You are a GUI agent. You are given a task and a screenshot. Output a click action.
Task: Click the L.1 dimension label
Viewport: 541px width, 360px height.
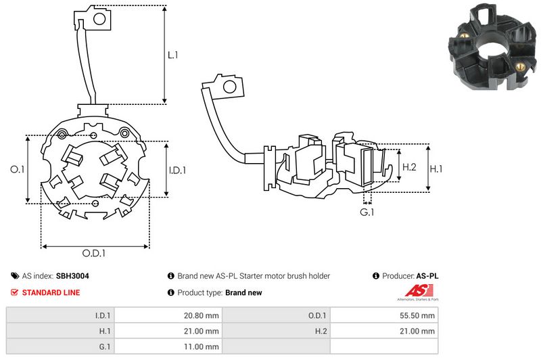(173, 55)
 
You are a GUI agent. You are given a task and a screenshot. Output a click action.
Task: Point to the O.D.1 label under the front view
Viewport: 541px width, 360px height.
(94, 254)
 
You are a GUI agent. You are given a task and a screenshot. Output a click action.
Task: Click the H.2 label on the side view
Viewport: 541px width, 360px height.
(408, 167)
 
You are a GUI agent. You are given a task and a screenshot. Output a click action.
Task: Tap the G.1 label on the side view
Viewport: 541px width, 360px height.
(367, 212)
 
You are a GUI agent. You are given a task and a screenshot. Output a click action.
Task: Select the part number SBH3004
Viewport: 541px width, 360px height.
(72, 276)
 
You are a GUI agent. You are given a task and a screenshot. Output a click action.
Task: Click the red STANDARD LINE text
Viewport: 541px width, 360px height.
(51, 292)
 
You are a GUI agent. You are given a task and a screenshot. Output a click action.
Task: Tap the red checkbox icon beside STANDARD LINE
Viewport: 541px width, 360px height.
(15, 292)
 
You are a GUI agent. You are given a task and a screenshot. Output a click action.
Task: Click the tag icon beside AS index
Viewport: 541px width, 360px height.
(15, 276)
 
